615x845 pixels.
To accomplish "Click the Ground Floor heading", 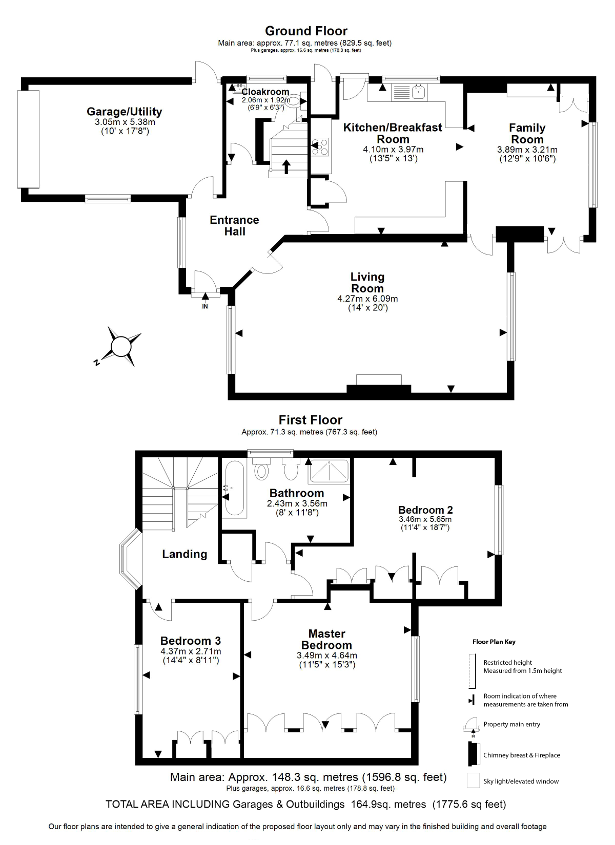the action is point(306,31).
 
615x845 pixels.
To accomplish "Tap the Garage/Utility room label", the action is point(124,112).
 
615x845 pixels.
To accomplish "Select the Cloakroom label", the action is point(265,92).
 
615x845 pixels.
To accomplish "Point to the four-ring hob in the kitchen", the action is point(320,147).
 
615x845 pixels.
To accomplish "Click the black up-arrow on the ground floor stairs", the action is point(286,167).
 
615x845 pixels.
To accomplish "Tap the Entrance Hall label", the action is point(234,225).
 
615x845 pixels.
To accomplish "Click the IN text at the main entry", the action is point(205,307).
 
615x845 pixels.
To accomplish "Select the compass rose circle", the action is point(120,346).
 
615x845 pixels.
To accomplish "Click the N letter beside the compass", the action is point(97,363).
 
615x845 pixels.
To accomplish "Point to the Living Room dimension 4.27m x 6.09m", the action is point(367,299).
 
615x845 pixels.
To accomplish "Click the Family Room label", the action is point(527,134).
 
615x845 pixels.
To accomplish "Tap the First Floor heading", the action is point(311,420).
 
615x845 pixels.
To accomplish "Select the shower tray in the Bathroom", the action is point(329,472).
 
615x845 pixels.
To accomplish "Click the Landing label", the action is point(184,554).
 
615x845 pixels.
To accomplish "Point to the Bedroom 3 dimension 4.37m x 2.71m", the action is point(191,651).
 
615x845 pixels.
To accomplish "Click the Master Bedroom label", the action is point(326,639).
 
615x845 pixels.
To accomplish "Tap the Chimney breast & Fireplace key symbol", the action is point(473,754).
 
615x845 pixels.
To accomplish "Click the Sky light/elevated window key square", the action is point(473,780).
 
